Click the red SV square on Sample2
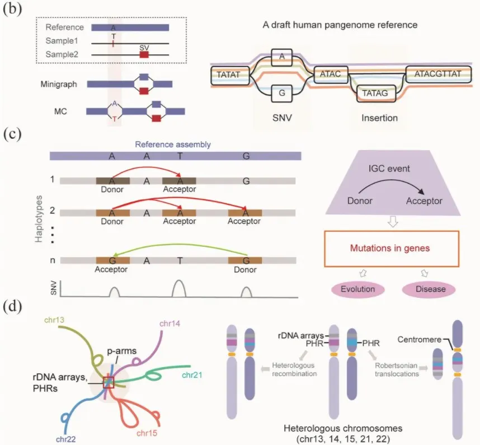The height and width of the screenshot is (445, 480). [144, 55]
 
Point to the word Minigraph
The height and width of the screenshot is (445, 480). [57, 84]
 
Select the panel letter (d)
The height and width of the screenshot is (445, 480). [13, 307]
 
